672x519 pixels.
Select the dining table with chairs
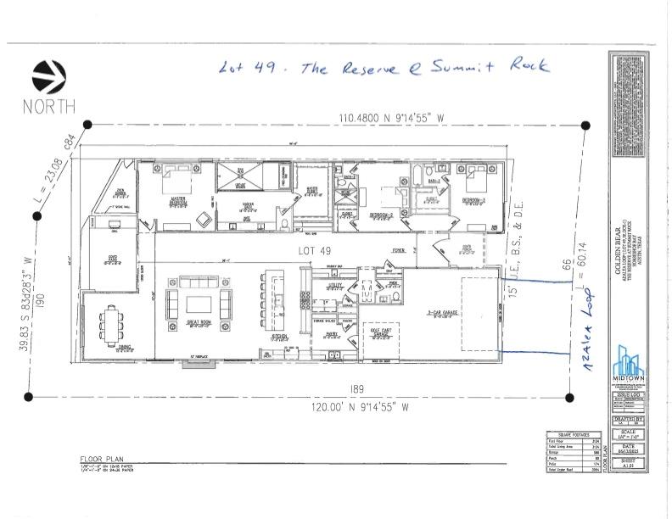click(113, 327)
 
